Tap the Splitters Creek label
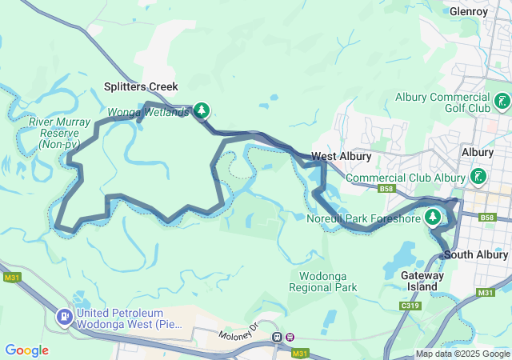point(141,86)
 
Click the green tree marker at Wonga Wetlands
point(202,110)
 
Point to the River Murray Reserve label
point(53,133)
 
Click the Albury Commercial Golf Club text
point(442,102)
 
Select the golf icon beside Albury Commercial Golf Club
point(502,101)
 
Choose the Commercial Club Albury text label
point(406,178)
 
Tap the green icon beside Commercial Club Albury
point(478,176)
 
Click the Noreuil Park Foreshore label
point(363,218)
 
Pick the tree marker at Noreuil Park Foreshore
point(433,217)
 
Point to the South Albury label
point(476,255)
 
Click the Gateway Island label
point(422,281)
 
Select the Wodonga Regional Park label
point(322,282)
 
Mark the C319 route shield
point(410,305)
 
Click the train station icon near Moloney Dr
point(278,337)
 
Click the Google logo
point(26,350)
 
